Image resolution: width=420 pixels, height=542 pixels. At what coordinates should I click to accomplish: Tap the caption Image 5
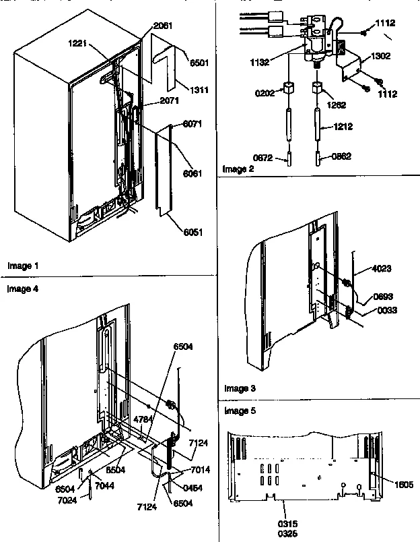pyautogui.click(x=239, y=410)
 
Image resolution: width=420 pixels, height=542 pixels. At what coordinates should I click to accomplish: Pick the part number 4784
pyautogui.click(x=143, y=419)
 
